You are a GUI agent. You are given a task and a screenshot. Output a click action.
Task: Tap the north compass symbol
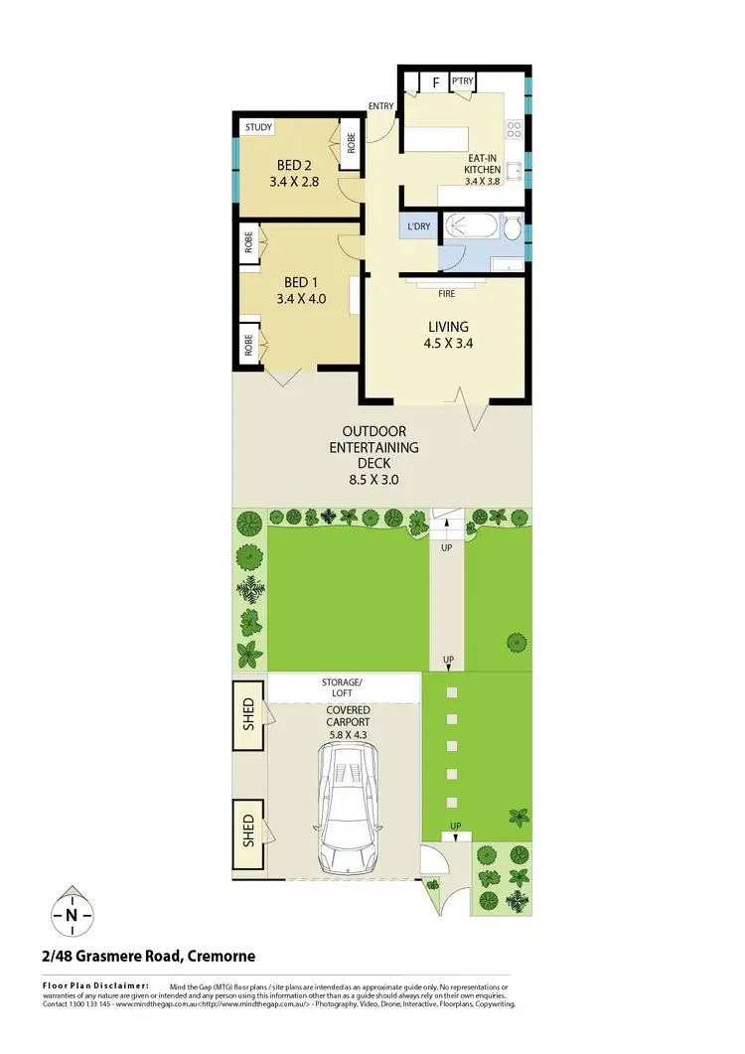(x=73, y=914)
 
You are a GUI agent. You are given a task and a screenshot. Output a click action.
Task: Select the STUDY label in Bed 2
(x=259, y=127)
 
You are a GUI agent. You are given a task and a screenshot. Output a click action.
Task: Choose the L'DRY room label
(x=419, y=226)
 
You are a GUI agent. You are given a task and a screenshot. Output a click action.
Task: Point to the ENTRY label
(x=380, y=106)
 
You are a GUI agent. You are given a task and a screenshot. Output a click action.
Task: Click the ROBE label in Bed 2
(x=351, y=140)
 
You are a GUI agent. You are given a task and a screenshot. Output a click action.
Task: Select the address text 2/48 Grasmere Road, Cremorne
(x=149, y=957)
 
